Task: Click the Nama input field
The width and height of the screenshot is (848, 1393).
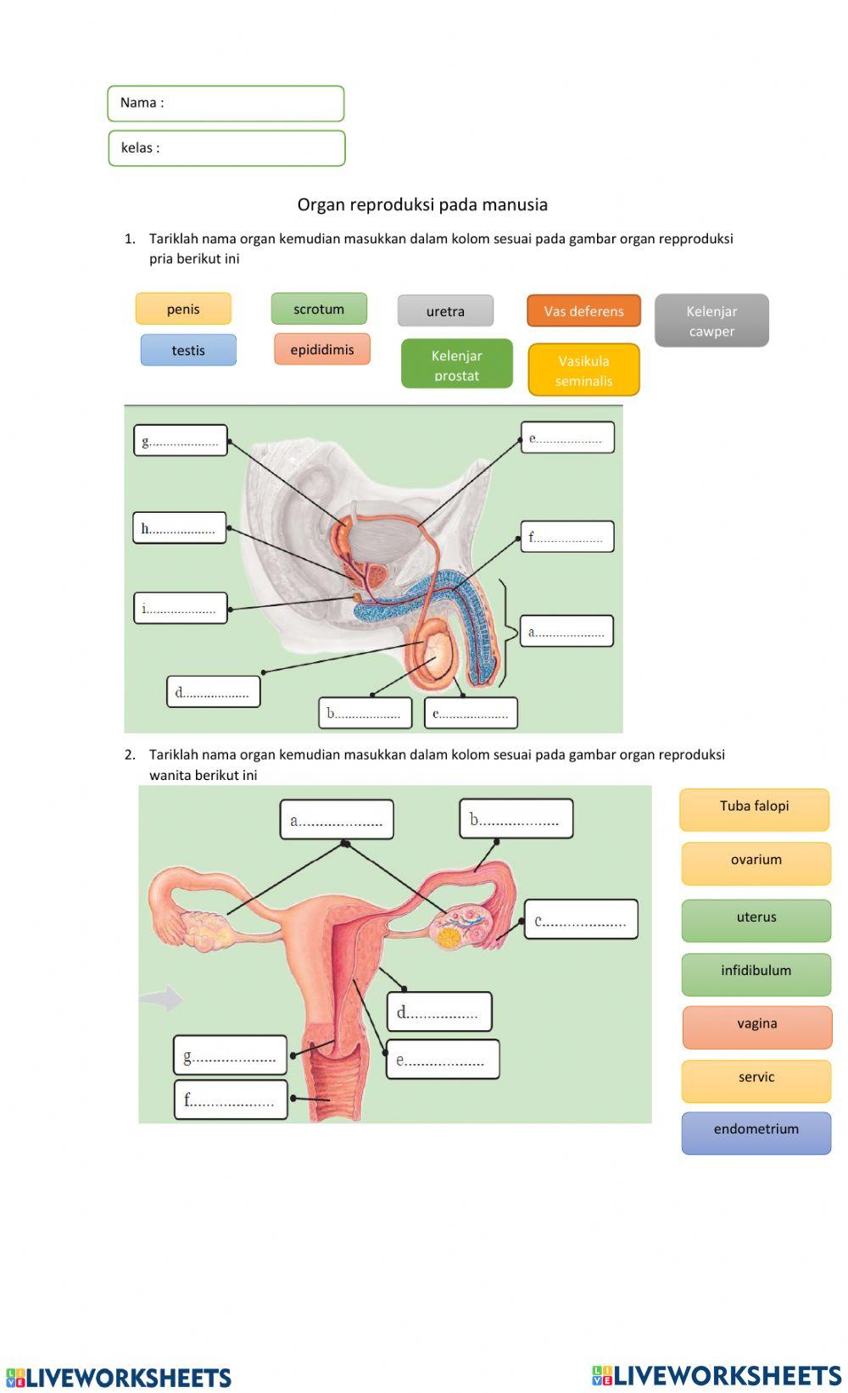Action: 226,103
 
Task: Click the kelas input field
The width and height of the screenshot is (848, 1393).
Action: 226,148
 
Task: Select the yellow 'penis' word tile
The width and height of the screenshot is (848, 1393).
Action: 183,309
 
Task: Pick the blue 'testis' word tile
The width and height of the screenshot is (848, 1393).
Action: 188,350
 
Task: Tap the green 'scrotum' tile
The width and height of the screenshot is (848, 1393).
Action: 319,309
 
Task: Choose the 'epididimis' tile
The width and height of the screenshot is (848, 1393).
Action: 322,349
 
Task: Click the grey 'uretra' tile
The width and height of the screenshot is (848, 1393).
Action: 445,311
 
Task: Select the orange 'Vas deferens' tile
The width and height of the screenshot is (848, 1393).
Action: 583,311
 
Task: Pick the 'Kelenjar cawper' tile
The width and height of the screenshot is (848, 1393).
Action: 711,320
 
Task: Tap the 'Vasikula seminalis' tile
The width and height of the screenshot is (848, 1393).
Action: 583,370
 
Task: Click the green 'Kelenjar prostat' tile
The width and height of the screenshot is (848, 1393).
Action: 456,364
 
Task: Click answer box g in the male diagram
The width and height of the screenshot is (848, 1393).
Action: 181,440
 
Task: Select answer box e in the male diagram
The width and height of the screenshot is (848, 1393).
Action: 567,437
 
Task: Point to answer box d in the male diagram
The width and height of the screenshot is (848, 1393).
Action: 214,692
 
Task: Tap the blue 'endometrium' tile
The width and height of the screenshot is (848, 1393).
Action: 756,1133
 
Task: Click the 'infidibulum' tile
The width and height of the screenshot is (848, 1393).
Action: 756,974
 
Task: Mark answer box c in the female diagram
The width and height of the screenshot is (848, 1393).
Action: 581,920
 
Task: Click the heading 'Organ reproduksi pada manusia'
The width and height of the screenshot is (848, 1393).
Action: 422,204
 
